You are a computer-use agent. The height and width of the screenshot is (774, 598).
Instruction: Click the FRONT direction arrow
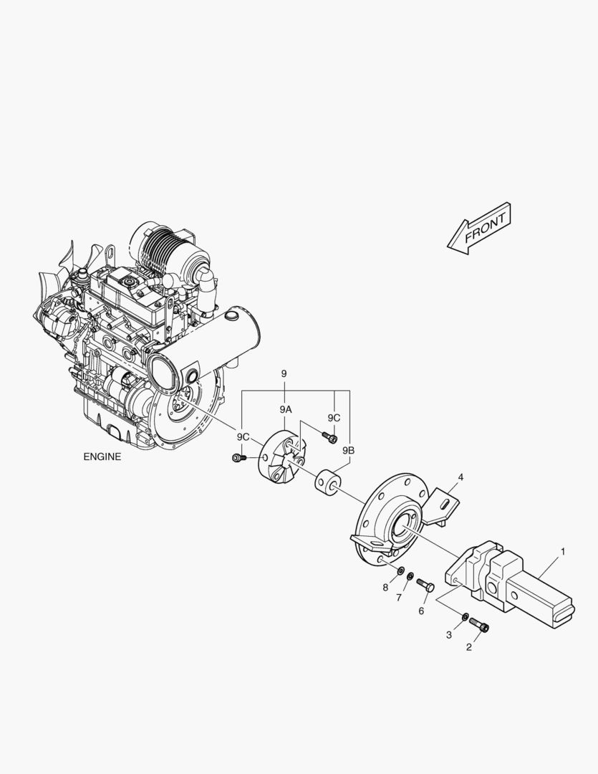pos(479,229)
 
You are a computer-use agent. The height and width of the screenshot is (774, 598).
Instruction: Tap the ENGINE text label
pos(102,457)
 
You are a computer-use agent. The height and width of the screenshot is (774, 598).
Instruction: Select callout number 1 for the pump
pos(563,551)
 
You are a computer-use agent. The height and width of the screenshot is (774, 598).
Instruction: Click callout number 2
pos(469,647)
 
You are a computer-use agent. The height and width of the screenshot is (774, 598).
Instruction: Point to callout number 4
pos(460,477)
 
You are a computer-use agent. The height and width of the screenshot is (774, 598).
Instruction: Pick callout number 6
pos(421,611)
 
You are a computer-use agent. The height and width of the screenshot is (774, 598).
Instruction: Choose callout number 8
pos(385,588)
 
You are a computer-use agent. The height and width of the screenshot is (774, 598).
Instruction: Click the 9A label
pos(286,408)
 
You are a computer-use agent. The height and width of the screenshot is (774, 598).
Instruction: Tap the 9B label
pos(348,451)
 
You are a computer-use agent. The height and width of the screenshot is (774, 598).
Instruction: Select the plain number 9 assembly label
pos(284,374)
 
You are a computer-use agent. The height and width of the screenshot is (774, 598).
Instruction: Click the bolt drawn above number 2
pos(479,626)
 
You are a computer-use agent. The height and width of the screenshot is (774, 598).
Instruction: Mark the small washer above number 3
pos(466,616)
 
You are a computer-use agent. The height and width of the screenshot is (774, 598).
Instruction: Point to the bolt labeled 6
pos(425,586)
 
